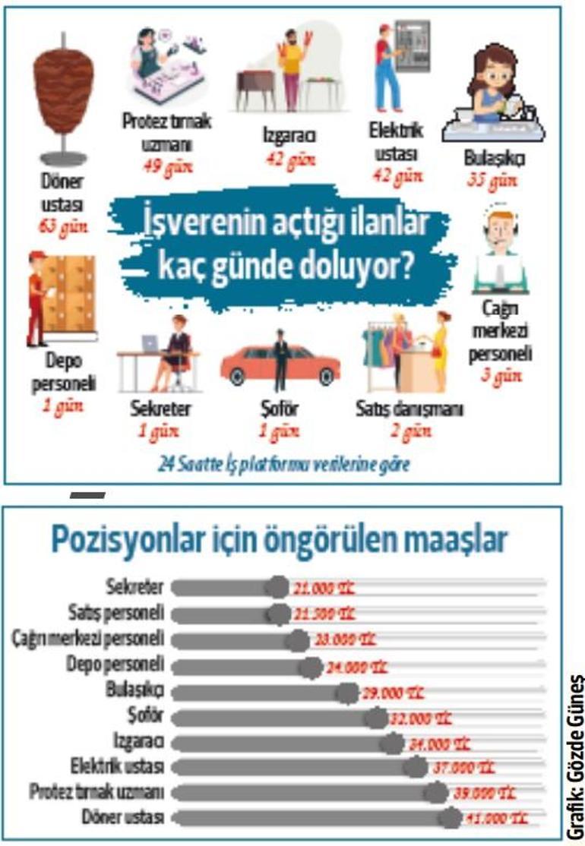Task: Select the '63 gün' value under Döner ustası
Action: tap(65, 227)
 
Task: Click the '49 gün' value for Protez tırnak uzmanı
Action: tap(169, 166)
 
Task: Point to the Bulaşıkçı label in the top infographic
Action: tap(494, 160)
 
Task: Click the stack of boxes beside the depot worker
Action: tap(69, 292)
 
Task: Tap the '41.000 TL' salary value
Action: tap(498, 819)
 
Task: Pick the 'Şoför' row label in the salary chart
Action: tap(148, 716)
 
